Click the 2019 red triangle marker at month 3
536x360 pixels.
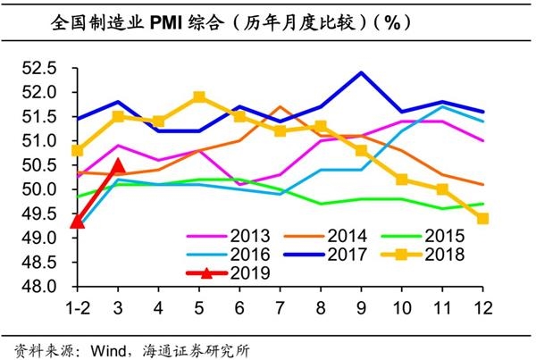(x=118, y=166)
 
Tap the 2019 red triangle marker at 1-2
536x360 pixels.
(x=77, y=221)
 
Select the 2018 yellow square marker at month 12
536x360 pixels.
(x=482, y=219)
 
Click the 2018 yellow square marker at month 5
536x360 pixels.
(x=199, y=96)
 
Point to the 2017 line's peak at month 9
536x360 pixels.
(x=361, y=72)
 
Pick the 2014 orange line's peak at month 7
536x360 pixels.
(x=280, y=106)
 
